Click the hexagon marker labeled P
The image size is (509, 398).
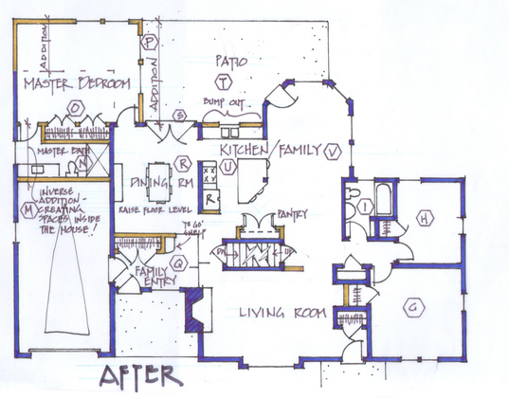click(x=149, y=42)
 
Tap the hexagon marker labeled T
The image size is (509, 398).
click(x=222, y=81)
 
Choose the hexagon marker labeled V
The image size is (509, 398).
click(x=332, y=152)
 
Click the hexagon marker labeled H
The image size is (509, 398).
click(x=424, y=221)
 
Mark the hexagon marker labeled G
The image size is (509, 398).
click(x=412, y=305)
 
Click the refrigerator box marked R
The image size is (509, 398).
click(x=213, y=199)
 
